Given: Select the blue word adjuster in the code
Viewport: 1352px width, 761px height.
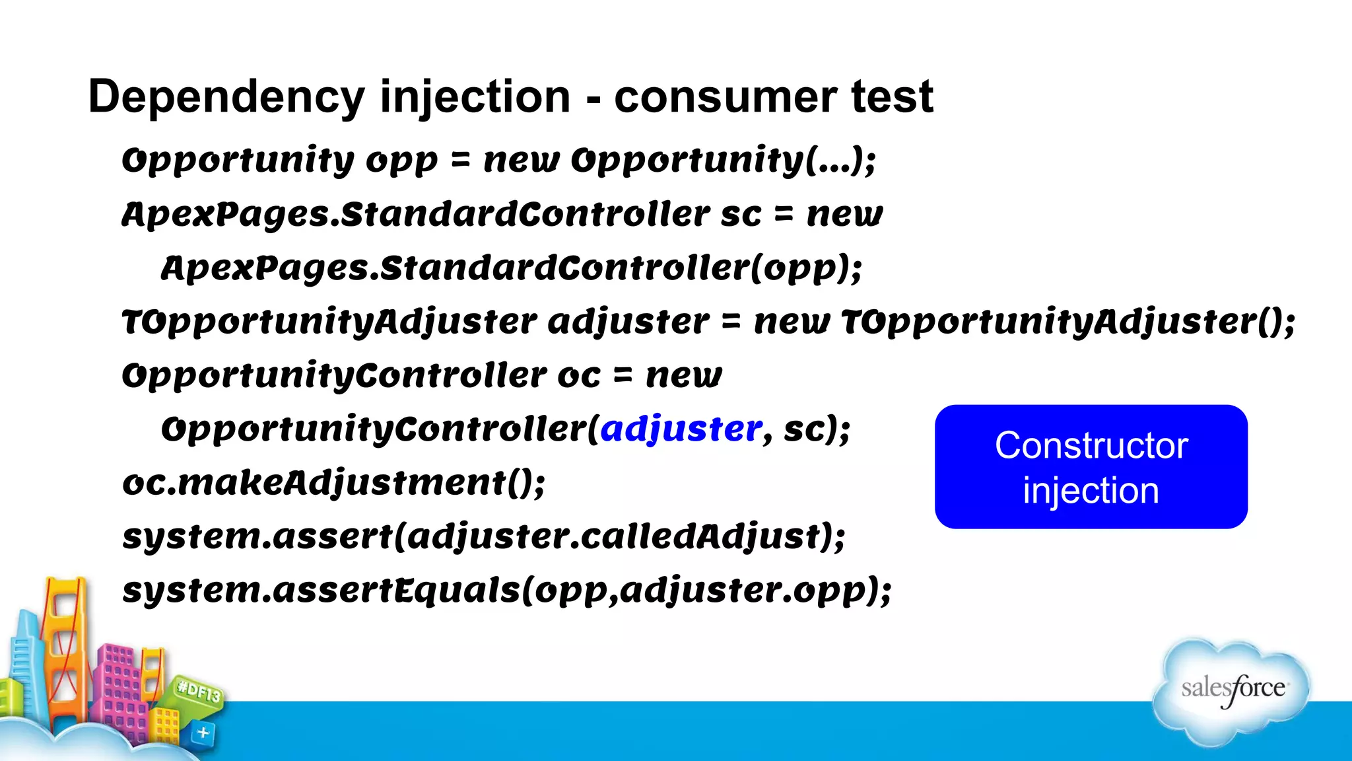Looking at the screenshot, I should [x=681, y=429].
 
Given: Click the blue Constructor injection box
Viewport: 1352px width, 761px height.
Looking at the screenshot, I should [x=1091, y=466].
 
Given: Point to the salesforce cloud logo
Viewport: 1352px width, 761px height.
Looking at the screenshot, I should [x=1232, y=690].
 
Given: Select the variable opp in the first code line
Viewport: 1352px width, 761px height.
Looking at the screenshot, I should [x=401, y=161].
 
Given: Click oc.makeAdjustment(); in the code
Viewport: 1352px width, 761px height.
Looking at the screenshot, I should [x=334, y=483].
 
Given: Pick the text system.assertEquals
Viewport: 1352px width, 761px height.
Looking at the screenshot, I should [x=321, y=590].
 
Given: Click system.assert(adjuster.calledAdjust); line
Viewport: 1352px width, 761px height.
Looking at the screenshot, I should [x=483, y=536].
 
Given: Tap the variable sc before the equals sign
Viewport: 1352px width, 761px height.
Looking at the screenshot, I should [x=741, y=215].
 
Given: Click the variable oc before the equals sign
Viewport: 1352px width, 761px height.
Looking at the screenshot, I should [x=579, y=376].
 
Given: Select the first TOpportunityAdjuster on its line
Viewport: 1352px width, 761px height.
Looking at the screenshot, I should [x=329, y=322].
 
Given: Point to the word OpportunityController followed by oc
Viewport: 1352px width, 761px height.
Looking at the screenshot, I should [x=334, y=376].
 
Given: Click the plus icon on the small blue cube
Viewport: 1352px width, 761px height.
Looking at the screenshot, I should [x=203, y=732].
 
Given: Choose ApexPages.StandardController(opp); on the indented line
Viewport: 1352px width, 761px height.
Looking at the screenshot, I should [x=512, y=268].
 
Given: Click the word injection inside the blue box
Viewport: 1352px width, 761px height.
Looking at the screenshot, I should [x=1091, y=491].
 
